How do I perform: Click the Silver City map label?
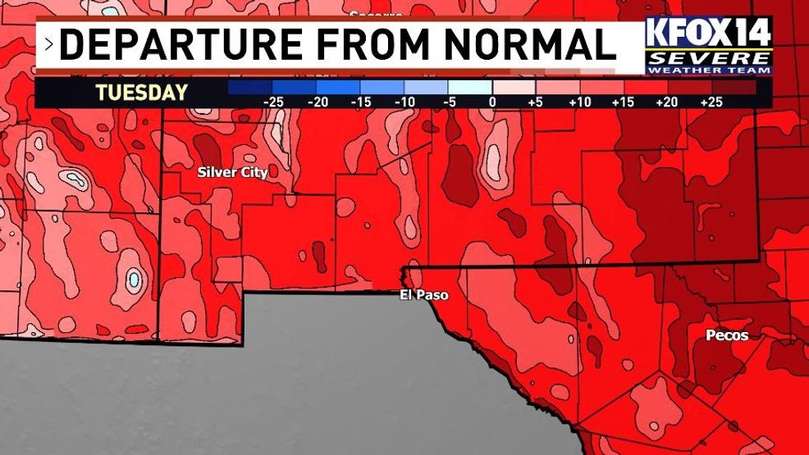[x=232, y=172]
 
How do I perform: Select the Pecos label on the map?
[x=727, y=335]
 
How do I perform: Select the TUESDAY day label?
[x=141, y=93]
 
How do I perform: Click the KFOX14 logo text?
[x=709, y=33]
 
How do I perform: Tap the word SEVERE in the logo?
[x=709, y=59]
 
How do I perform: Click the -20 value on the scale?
[x=317, y=102]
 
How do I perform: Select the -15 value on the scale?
[x=360, y=102]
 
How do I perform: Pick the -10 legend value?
[x=404, y=102]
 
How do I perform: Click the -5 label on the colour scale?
[x=449, y=102]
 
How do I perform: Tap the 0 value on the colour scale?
[x=492, y=102]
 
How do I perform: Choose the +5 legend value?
[x=536, y=102]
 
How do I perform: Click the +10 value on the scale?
[x=580, y=102]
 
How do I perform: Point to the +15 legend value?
[x=624, y=102]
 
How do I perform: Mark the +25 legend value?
[x=711, y=102]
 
